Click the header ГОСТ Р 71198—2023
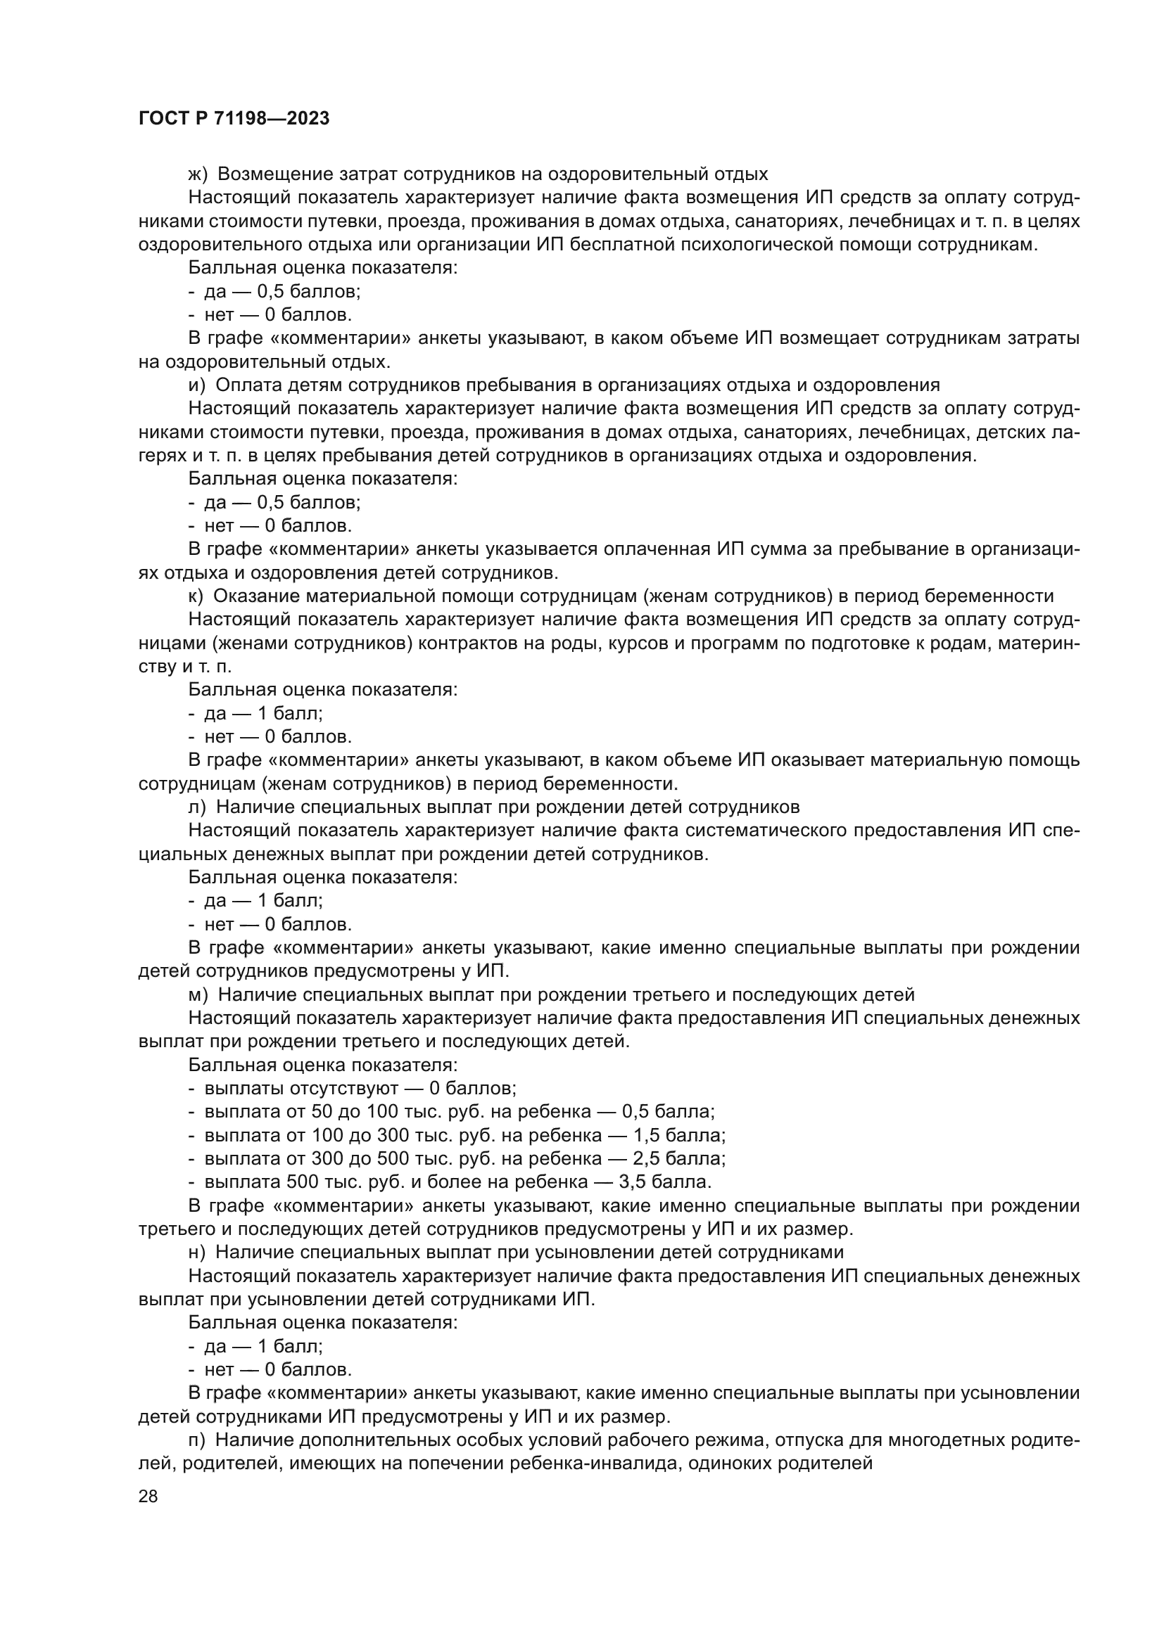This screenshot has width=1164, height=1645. tap(234, 118)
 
